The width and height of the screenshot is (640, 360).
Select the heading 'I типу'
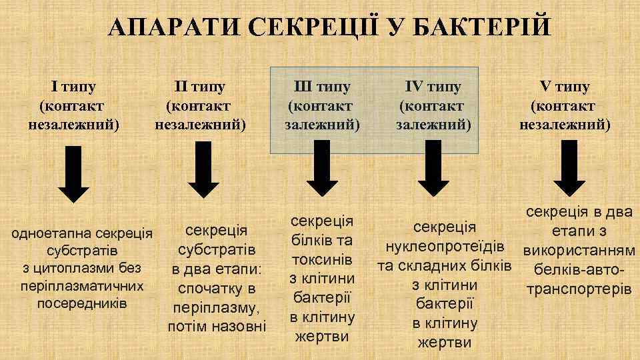pos(74,87)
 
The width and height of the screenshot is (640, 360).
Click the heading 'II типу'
pos(199,87)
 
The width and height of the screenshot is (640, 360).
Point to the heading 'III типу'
pos(322,87)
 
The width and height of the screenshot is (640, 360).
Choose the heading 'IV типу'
pos(433,87)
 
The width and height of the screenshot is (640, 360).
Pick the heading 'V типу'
pos(564,87)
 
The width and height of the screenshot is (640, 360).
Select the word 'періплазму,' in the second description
pos(216,309)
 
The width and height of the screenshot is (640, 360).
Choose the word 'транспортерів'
pos(577,290)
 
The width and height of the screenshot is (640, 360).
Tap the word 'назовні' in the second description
pos(239,327)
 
